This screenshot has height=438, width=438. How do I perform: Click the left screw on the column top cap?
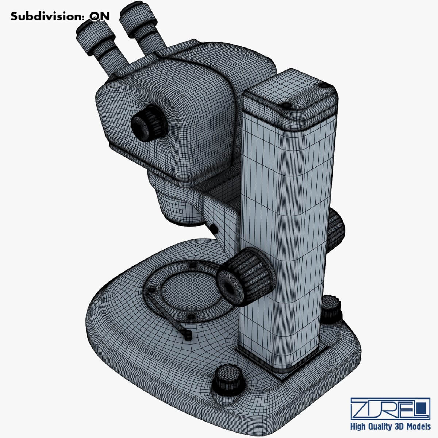point(287,105)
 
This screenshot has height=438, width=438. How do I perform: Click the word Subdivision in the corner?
point(45,16)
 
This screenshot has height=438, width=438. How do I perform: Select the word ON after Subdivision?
point(99,16)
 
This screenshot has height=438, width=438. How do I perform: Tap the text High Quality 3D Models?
point(390,426)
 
